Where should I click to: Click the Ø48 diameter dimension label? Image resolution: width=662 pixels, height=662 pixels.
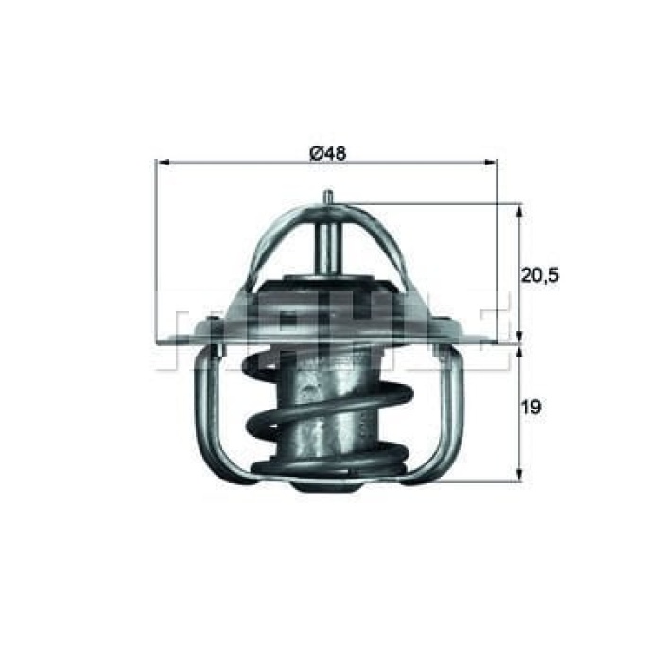tap(325, 151)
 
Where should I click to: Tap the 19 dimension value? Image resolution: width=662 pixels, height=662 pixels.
tap(531, 408)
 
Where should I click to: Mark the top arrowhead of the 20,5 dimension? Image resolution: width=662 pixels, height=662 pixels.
tap(518, 208)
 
